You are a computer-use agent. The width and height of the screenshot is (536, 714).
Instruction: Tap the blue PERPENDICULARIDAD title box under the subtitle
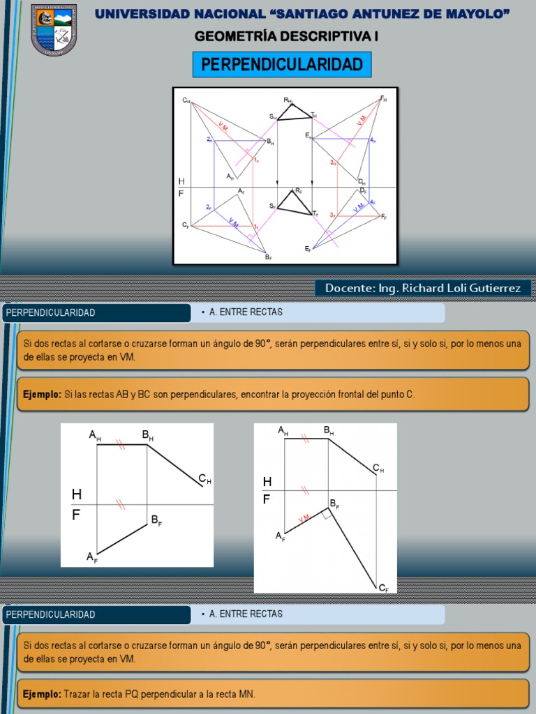point(282,65)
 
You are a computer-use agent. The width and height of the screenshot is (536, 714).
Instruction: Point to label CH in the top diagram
point(186,100)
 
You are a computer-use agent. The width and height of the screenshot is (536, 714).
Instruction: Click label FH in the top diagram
point(383,98)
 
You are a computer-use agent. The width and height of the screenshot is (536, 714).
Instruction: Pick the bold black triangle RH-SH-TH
point(293,113)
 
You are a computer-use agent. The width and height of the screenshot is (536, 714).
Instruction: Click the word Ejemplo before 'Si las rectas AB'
point(42,395)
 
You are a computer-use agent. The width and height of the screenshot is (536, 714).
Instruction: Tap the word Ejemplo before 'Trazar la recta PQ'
point(42,694)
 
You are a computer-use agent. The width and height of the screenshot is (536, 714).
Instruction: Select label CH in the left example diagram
point(204,478)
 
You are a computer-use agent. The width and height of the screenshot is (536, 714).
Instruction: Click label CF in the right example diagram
point(384,588)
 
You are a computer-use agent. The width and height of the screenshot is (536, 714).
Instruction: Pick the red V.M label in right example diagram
point(304,519)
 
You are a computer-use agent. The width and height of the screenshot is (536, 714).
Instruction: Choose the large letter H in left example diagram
point(77,494)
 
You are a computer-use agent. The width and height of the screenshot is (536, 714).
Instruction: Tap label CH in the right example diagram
point(378,469)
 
